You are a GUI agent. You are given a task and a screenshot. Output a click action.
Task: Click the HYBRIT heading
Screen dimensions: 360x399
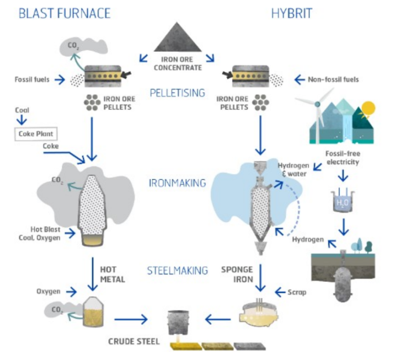coord(291,13)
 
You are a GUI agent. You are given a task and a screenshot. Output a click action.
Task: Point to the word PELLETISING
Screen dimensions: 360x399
coord(181,93)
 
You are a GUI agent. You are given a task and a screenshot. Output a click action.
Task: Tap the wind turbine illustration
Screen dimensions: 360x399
coord(316,113)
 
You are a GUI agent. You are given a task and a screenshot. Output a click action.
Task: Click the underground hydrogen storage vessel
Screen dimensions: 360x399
coord(342,283)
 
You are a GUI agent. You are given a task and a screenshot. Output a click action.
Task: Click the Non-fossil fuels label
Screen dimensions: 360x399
coord(333,80)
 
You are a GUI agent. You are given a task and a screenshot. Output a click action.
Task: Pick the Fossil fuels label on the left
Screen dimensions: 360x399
coord(33,80)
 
